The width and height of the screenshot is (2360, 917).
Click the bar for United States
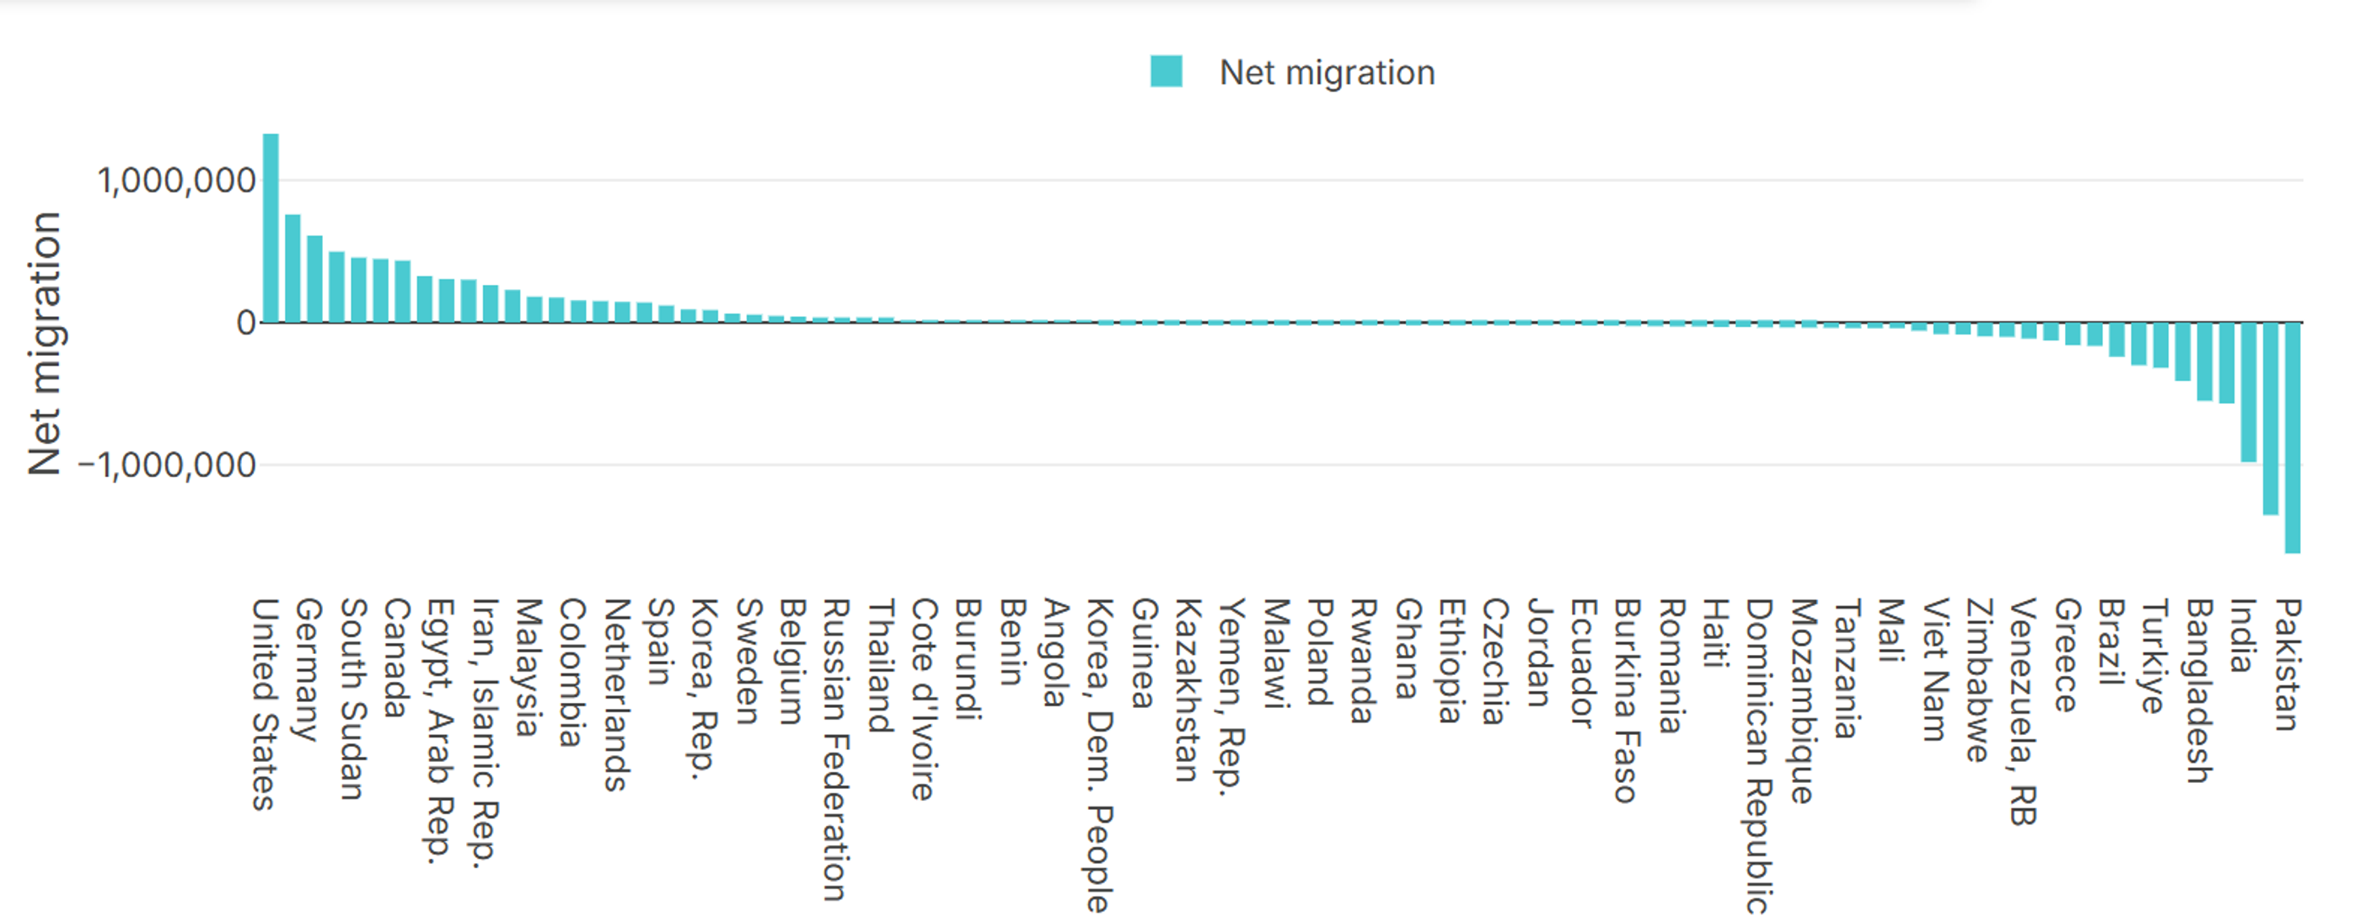point(271,229)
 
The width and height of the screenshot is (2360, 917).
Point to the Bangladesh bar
point(2204,362)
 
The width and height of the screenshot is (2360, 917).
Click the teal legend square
point(1167,72)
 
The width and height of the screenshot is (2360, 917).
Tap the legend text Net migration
point(1327,72)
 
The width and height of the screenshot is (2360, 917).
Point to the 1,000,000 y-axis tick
point(176,180)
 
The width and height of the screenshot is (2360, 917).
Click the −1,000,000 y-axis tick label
point(167,465)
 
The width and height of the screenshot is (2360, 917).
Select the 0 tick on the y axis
point(245,323)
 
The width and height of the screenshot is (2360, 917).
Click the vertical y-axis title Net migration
point(43,344)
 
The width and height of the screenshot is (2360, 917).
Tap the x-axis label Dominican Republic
point(1757,756)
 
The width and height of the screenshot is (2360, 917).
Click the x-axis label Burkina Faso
point(1624,700)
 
